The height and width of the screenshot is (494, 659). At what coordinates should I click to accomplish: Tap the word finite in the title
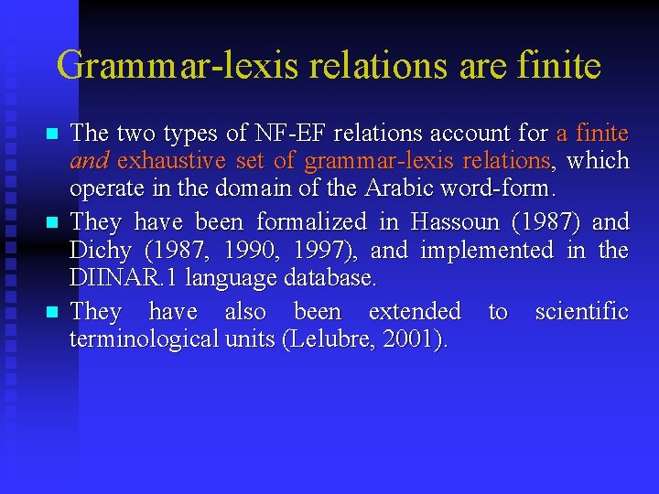[x=559, y=65]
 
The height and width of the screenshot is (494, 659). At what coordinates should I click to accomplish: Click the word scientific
[x=581, y=312]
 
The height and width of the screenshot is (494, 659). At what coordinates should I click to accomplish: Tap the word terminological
[x=145, y=340]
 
